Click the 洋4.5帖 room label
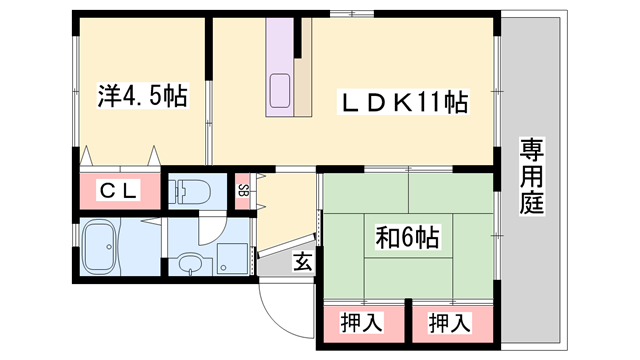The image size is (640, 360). point(140,96)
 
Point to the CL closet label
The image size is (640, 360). point(118,190)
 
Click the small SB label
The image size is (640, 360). point(243,190)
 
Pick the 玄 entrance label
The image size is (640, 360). point(301,262)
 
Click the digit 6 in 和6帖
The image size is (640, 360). point(408,240)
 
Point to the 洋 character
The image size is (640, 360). point(107,96)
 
